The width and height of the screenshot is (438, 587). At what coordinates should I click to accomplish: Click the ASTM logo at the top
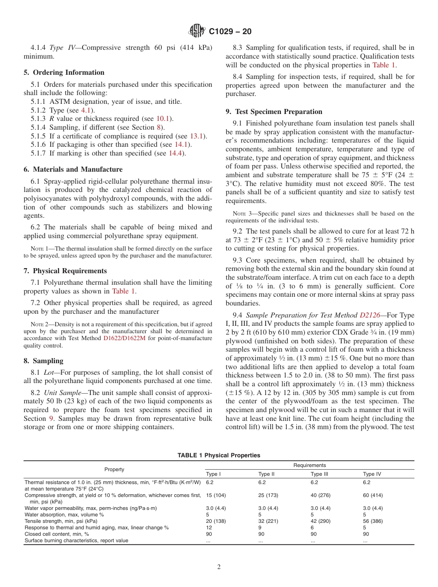click(197, 31)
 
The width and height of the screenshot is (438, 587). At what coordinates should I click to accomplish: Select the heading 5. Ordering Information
click(64, 72)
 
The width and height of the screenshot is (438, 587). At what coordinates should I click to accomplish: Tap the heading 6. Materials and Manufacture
click(73, 169)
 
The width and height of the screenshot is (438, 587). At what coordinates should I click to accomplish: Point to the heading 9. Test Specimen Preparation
click(274, 112)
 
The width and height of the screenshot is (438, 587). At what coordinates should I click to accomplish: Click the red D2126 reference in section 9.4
click(370, 316)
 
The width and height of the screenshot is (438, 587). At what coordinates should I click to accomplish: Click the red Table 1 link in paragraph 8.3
click(383, 65)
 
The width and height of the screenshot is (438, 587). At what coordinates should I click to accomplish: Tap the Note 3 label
click(242, 214)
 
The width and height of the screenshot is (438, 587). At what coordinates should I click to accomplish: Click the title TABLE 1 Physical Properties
click(219, 455)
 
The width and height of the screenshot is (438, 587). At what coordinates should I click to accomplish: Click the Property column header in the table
click(114, 469)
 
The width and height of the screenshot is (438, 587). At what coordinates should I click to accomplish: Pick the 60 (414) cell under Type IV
click(373, 495)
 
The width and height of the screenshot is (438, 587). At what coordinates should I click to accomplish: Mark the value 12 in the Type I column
click(209, 527)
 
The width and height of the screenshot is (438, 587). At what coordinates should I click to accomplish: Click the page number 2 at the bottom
click(219, 567)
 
